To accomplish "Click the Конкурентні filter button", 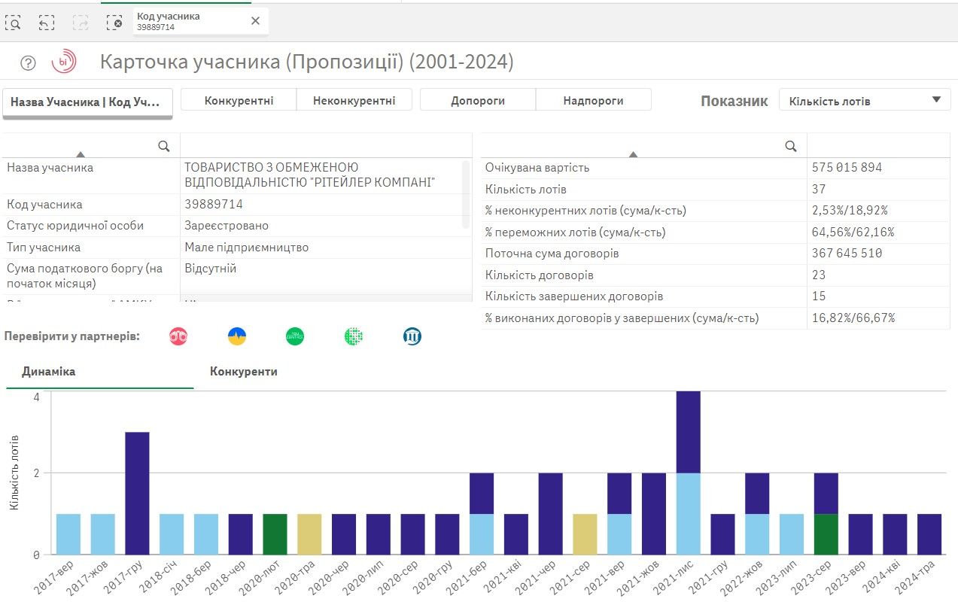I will [x=239, y=100].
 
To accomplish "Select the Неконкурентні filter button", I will [x=354, y=100].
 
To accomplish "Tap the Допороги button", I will [x=478, y=100].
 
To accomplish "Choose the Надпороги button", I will [x=593, y=100].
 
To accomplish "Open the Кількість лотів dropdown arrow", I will [x=936, y=99].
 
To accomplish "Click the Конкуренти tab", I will [x=244, y=372].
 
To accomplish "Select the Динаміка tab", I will [x=48, y=372].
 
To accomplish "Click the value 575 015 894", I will [x=847, y=167].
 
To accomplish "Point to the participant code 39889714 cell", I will [x=214, y=204].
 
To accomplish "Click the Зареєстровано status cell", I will [x=227, y=226].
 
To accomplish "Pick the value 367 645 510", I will [x=847, y=254].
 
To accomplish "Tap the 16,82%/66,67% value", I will [x=853, y=318].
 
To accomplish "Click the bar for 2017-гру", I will [x=137, y=493].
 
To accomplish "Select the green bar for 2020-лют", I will [x=275, y=534].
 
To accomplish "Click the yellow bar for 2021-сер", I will [x=585, y=534].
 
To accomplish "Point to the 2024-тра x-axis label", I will [x=926, y=579].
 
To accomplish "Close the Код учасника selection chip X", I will [x=255, y=21].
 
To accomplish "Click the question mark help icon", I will [x=28, y=63].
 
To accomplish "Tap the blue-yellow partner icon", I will [x=237, y=336].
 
